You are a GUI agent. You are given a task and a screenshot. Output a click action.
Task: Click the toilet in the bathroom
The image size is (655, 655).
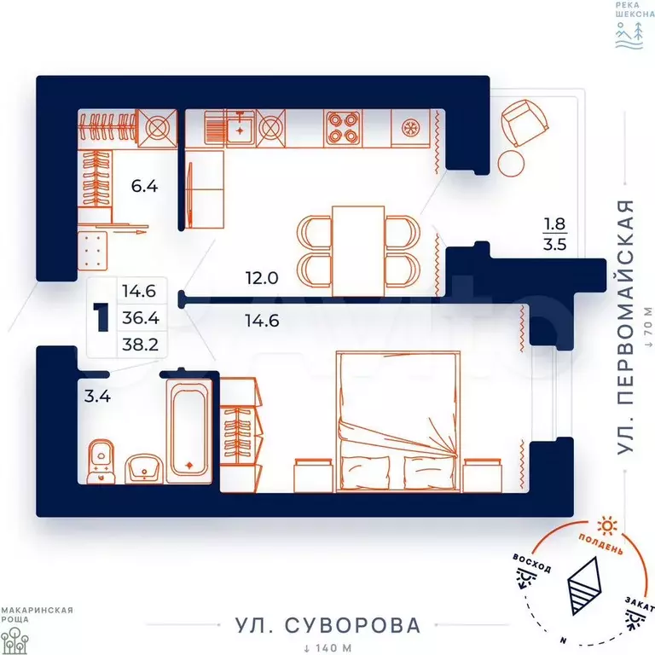[101, 461]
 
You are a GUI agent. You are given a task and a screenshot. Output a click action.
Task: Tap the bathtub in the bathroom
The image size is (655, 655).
[189, 431]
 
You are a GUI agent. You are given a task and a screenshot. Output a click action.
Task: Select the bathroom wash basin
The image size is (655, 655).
[144, 469]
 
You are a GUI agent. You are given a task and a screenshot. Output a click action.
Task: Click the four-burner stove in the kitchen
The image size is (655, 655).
[343, 128]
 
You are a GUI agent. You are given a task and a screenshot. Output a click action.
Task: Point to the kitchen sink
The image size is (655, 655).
[240, 128]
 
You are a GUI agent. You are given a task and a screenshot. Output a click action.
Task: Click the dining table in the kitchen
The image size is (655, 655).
[358, 251]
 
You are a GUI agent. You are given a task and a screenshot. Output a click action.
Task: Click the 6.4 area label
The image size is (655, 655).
[144, 186]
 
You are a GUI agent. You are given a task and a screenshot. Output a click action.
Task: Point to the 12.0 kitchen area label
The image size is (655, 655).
[262, 278]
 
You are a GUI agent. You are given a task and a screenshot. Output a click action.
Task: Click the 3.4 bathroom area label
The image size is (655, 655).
[97, 396]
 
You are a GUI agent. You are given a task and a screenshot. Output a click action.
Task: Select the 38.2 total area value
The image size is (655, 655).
[141, 345]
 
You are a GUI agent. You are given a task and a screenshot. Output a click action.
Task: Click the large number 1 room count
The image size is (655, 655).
[101, 318]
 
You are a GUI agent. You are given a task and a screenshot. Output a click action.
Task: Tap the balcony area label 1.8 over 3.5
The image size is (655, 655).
[554, 234]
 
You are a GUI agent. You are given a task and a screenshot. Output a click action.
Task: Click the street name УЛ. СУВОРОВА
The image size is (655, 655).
[327, 625]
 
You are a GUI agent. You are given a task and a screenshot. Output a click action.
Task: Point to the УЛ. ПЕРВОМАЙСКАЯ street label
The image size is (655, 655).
[625, 327]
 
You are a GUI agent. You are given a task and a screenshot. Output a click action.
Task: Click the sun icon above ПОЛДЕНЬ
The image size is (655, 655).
[607, 526]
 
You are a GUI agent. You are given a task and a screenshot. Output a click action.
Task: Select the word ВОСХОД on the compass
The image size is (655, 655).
[532, 563]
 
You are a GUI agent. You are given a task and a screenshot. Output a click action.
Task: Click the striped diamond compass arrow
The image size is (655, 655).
[584, 586]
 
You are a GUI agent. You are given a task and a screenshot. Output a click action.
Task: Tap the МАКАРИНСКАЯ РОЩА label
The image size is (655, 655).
[37, 615]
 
